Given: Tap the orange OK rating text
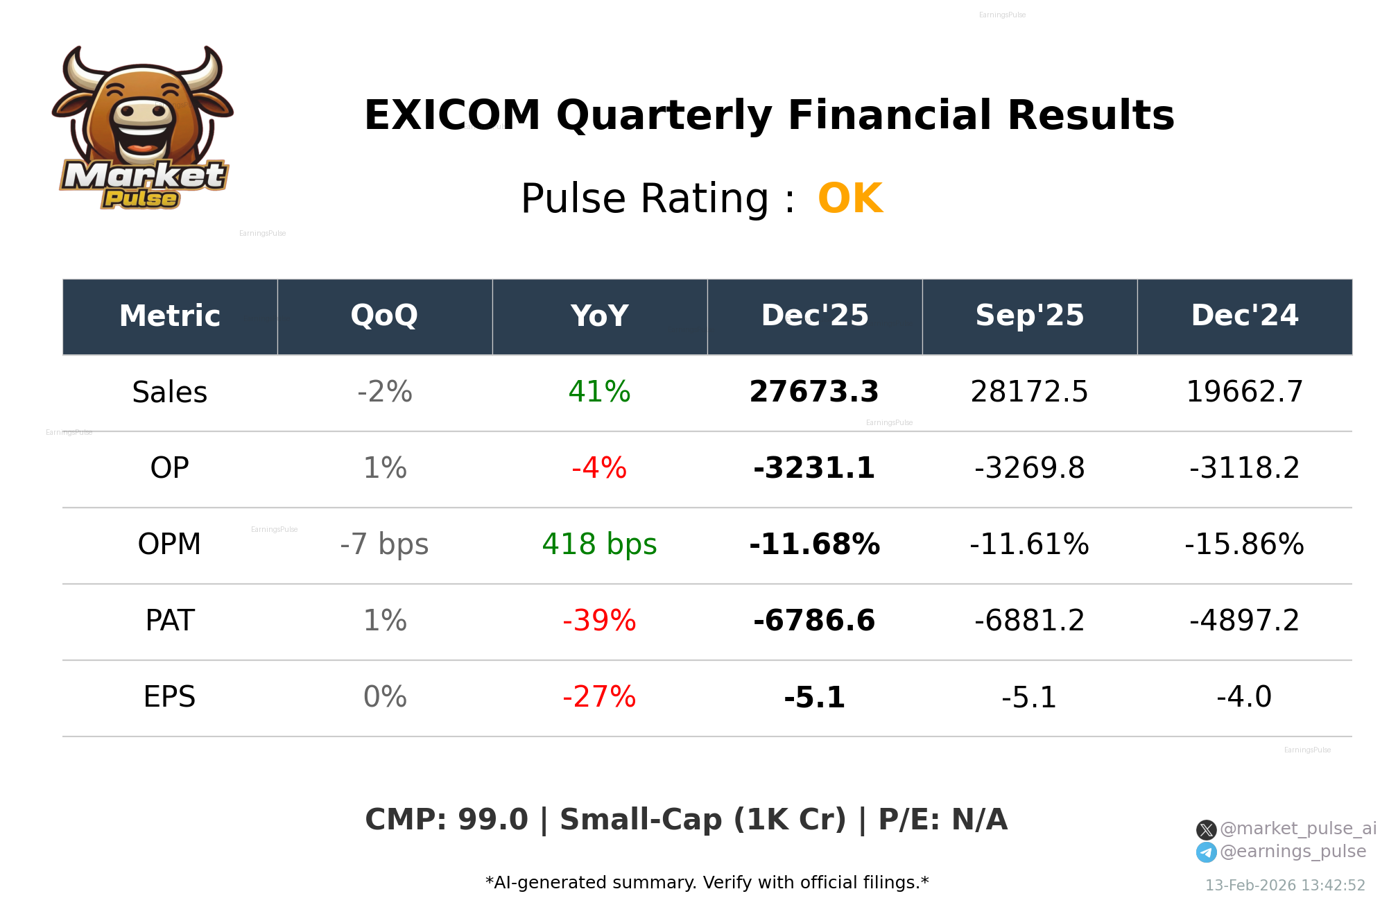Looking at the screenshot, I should click(850, 199).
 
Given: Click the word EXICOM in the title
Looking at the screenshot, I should click(452, 115).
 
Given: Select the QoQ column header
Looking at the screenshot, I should click(384, 316).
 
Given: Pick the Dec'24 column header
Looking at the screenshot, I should click(1244, 316).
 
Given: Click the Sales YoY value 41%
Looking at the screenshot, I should click(599, 393).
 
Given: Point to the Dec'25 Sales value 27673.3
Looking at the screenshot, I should click(814, 393).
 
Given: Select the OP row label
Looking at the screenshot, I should click(169, 469).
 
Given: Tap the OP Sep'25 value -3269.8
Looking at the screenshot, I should click(1029, 469).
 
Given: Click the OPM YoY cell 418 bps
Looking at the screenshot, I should click(599, 545).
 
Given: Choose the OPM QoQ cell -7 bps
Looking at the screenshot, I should click(384, 545).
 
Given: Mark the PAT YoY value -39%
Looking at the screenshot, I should click(599, 621).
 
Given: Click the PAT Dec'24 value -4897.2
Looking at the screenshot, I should click(1244, 621).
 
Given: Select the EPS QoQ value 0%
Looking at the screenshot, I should click(384, 698).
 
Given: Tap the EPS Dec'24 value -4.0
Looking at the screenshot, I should click(1244, 698).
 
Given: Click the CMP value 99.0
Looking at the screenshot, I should click(492, 820).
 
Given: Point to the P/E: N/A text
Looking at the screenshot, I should click(942, 820).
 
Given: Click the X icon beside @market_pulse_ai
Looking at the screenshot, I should click(1206, 829).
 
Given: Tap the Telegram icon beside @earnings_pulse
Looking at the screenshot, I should click(1206, 852).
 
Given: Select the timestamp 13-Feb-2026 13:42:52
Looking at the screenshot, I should click(1284, 886).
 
